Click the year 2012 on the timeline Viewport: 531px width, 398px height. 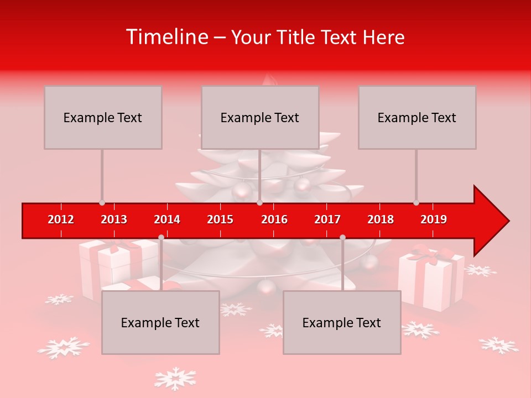(x=61, y=219)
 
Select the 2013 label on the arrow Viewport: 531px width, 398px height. (x=114, y=219)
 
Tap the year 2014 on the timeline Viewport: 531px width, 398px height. (x=167, y=219)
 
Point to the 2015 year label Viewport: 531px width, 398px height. (x=220, y=219)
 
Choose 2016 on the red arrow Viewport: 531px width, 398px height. (x=274, y=219)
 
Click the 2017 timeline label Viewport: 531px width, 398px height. (x=327, y=219)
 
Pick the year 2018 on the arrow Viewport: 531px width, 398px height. (x=381, y=219)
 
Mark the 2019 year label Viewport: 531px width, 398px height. (x=434, y=219)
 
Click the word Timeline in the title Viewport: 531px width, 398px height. (x=166, y=37)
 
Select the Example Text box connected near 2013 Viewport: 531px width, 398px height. (x=103, y=117)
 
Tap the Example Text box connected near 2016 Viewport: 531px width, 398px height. (x=260, y=117)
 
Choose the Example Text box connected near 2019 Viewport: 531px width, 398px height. (x=417, y=117)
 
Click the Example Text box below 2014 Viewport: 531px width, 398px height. (x=160, y=322)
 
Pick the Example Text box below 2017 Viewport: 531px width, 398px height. (x=342, y=322)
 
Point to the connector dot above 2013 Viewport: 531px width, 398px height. (x=102, y=203)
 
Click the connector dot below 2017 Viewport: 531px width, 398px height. (x=342, y=237)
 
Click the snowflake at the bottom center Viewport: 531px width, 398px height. (x=175, y=379)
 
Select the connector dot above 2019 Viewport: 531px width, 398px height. (x=416, y=203)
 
